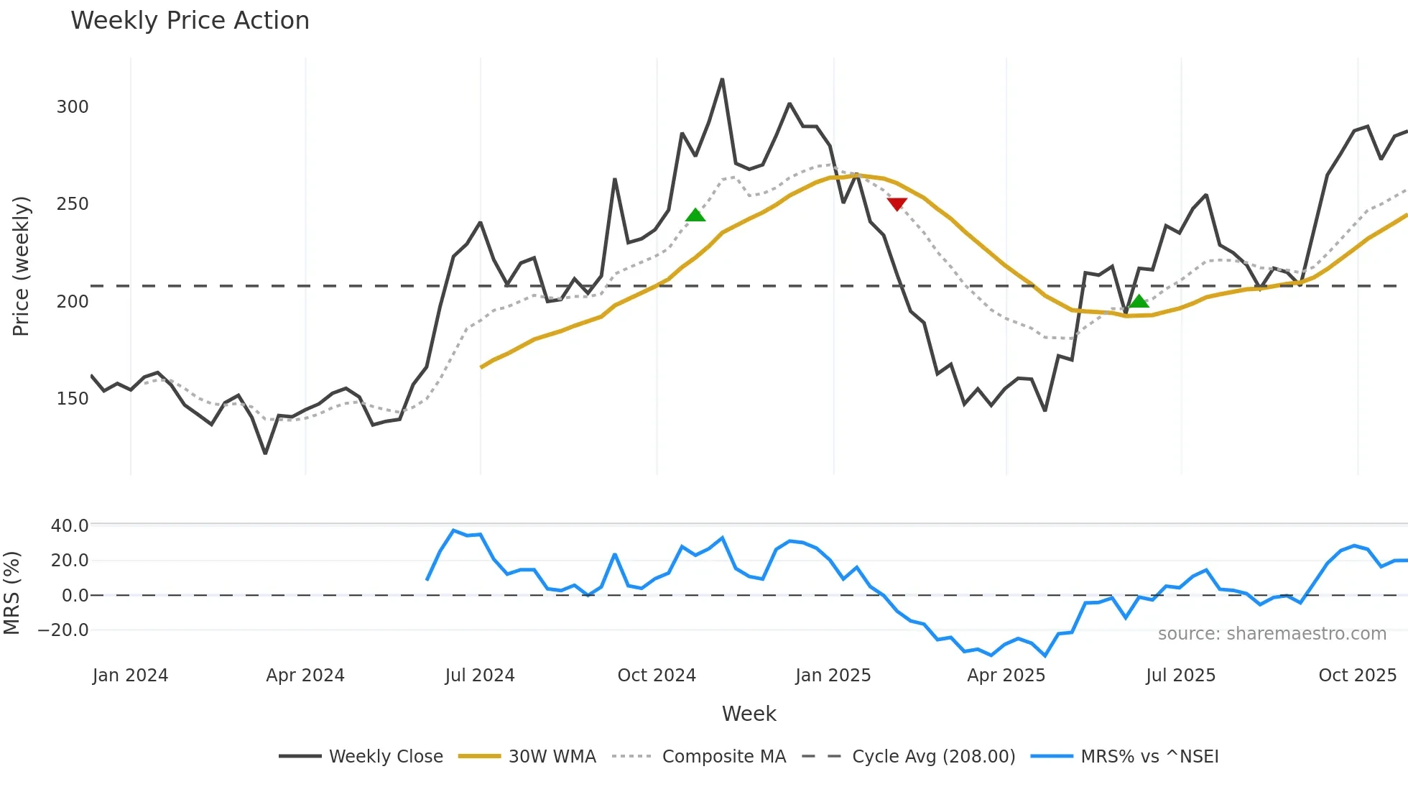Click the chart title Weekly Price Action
tap(190, 21)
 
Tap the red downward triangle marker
tap(897, 204)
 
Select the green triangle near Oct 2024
tap(695, 215)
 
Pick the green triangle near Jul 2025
tap(1139, 301)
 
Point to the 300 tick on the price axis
tap(73, 107)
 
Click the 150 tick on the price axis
tap(73, 399)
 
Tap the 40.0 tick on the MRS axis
tap(70, 526)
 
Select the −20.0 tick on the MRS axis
tap(63, 630)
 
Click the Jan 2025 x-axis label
tap(833, 676)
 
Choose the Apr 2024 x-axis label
tap(305, 676)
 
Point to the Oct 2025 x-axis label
tap(1357, 676)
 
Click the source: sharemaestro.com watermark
tap(1272, 634)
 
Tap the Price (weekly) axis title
tap(22, 266)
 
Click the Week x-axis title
tap(749, 714)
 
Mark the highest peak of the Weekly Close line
tap(722, 79)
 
